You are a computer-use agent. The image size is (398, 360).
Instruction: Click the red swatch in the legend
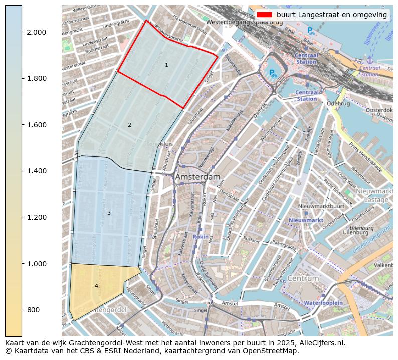click(264, 15)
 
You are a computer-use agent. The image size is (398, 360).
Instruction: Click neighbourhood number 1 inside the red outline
click(166, 65)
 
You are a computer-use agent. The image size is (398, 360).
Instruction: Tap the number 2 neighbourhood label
click(129, 125)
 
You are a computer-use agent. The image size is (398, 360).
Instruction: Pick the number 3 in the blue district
click(109, 213)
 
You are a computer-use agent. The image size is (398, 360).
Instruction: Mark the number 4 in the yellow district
click(96, 286)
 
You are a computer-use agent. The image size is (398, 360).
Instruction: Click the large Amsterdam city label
click(197, 177)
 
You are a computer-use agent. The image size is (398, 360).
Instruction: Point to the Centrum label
click(303, 278)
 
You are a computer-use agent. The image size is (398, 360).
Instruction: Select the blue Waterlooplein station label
click(323, 303)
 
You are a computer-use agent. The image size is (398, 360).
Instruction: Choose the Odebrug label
click(337, 104)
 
